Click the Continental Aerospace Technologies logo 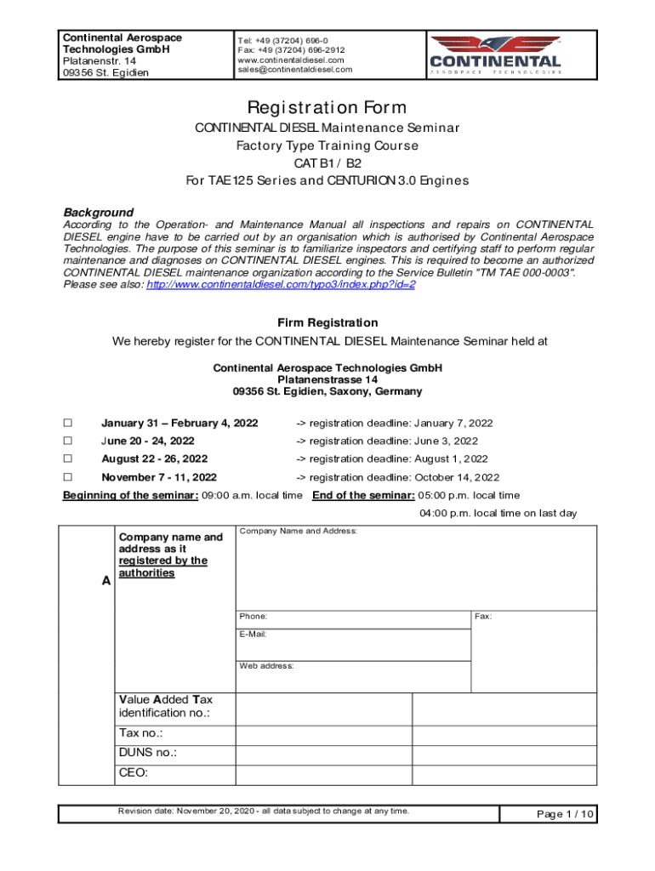coord(495,54)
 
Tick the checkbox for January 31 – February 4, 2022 coord(68,423)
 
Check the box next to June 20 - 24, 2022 coord(68,441)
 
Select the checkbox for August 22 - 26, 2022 coord(68,458)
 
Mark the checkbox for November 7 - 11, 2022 coord(68,477)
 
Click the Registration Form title coord(327,108)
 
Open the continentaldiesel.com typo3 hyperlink coord(281,285)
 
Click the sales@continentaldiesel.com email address coord(294,70)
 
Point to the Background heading coord(99,212)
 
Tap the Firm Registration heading coord(327,322)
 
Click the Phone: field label coord(253,616)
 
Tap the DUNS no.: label coord(148,753)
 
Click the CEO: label coord(134,773)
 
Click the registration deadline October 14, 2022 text coord(397,477)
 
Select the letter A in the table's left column coord(105,581)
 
